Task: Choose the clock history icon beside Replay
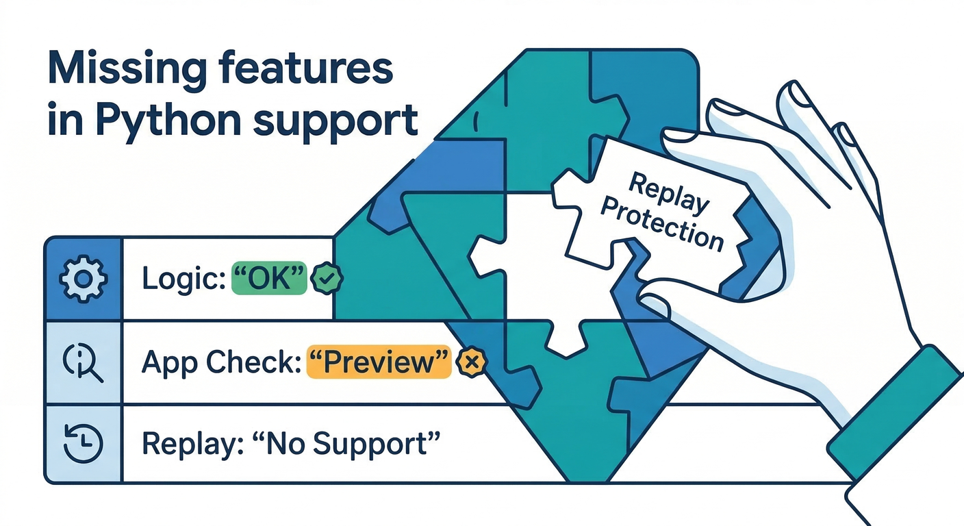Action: (x=83, y=442)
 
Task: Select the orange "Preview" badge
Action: (x=379, y=362)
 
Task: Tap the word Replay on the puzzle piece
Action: (x=669, y=194)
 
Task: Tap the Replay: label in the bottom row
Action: (x=186, y=444)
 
